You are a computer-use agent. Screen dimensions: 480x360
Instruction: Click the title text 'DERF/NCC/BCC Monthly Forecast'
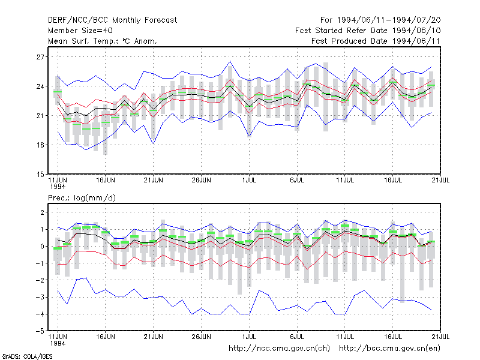pyautogui.click(x=112, y=20)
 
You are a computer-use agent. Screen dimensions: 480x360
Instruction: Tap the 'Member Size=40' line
pyautogui.click(x=80, y=31)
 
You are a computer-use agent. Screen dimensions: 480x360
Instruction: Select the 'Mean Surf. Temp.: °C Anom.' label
pyautogui.click(x=102, y=41)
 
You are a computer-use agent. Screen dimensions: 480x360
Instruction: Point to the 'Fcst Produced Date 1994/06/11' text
pyautogui.click(x=376, y=41)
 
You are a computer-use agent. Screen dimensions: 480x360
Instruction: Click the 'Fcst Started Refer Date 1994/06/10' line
pyautogui.click(x=368, y=31)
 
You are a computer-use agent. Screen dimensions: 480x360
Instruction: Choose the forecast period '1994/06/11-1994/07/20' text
pyautogui.click(x=389, y=20)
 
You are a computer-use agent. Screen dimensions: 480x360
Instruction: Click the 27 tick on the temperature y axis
pyautogui.click(x=40, y=57)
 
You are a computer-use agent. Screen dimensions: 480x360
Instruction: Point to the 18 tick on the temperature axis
pyautogui.click(x=40, y=145)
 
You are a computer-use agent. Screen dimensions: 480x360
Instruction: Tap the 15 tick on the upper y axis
pyautogui.click(x=40, y=174)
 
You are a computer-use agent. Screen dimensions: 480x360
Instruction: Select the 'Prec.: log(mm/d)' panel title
pyautogui.click(x=82, y=198)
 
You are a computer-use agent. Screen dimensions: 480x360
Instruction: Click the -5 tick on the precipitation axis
pyautogui.click(x=40, y=331)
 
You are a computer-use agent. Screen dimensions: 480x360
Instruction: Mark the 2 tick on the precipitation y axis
pyautogui.click(x=42, y=212)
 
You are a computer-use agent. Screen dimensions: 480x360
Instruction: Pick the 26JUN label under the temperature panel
pyautogui.click(x=201, y=180)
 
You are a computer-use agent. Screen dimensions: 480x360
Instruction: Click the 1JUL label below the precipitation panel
pyautogui.click(x=249, y=337)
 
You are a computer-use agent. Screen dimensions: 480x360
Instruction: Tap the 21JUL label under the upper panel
pyautogui.click(x=440, y=180)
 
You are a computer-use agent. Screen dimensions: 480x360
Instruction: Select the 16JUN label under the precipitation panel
pyautogui.click(x=106, y=337)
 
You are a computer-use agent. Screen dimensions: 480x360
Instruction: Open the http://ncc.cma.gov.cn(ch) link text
pyautogui.click(x=279, y=349)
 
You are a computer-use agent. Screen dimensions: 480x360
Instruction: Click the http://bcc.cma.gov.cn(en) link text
pyautogui.click(x=389, y=349)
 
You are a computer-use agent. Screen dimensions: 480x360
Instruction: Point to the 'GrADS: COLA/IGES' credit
pyautogui.click(x=27, y=356)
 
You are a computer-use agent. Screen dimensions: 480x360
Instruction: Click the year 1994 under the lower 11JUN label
pyautogui.click(x=58, y=343)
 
